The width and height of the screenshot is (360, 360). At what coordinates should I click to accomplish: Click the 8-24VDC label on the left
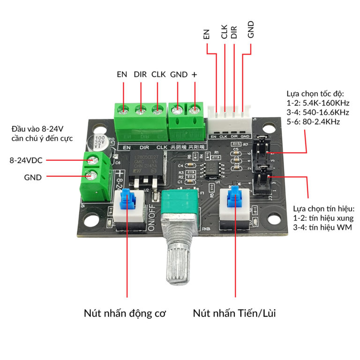26,160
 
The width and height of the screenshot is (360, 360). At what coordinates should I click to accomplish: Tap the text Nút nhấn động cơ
125,313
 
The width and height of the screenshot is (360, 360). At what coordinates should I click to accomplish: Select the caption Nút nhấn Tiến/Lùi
234,313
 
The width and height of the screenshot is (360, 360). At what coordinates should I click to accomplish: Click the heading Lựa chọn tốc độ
317,94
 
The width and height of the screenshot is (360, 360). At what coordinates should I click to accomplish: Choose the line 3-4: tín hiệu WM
322,227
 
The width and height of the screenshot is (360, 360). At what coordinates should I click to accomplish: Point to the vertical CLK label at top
225,32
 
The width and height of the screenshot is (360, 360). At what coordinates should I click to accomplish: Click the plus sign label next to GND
195,75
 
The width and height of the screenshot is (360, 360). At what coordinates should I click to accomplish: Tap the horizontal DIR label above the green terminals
140,75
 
